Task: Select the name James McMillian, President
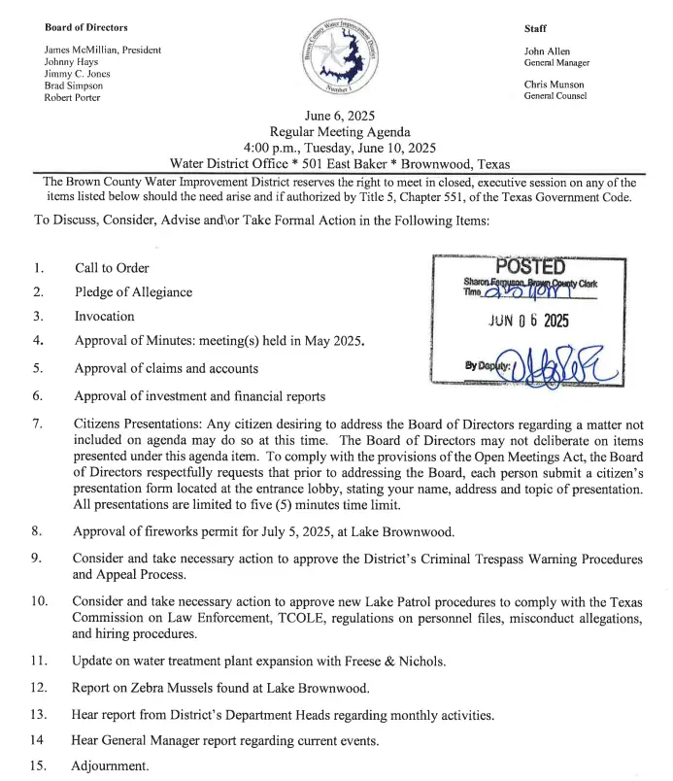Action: click(x=103, y=50)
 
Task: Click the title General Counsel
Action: click(x=555, y=96)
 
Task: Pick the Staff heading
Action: click(x=536, y=28)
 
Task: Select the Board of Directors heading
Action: click(x=86, y=27)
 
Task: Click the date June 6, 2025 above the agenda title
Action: click(x=340, y=116)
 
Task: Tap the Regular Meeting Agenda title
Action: click(x=340, y=132)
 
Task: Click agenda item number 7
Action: click(x=37, y=424)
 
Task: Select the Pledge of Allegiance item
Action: click(x=133, y=292)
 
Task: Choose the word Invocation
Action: click(x=105, y=317)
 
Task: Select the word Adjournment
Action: click(x=110, y=766)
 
